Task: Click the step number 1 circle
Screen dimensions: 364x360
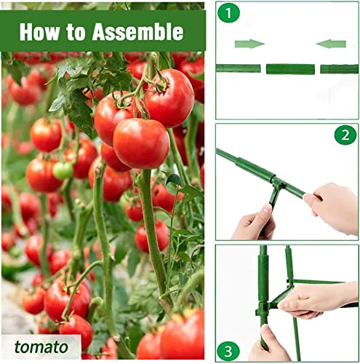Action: [x=230, y=14]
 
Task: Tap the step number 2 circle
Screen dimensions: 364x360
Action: [x=345, y=135]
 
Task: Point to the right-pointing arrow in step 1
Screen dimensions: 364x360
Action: [x=249, y=44]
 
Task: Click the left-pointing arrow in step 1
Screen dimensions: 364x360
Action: [x=331, y=44]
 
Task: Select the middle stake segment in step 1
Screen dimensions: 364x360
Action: [x=290, y=69]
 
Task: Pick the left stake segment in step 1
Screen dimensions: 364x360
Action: [x=239, y=68]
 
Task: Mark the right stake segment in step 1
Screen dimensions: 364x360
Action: [x=339, y=69]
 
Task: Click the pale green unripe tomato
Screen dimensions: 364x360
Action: [x=63, y=170]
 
